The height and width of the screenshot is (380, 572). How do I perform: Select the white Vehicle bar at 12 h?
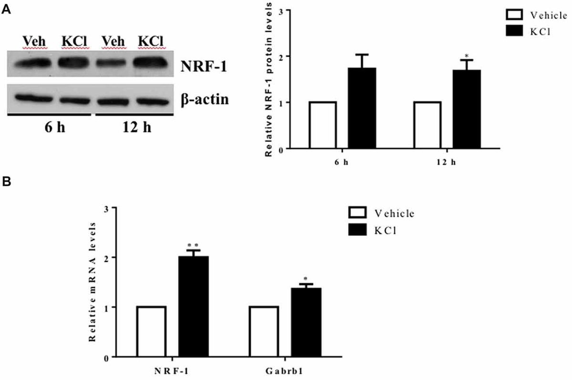428,125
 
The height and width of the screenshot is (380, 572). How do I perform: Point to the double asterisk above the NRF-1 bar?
193,244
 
